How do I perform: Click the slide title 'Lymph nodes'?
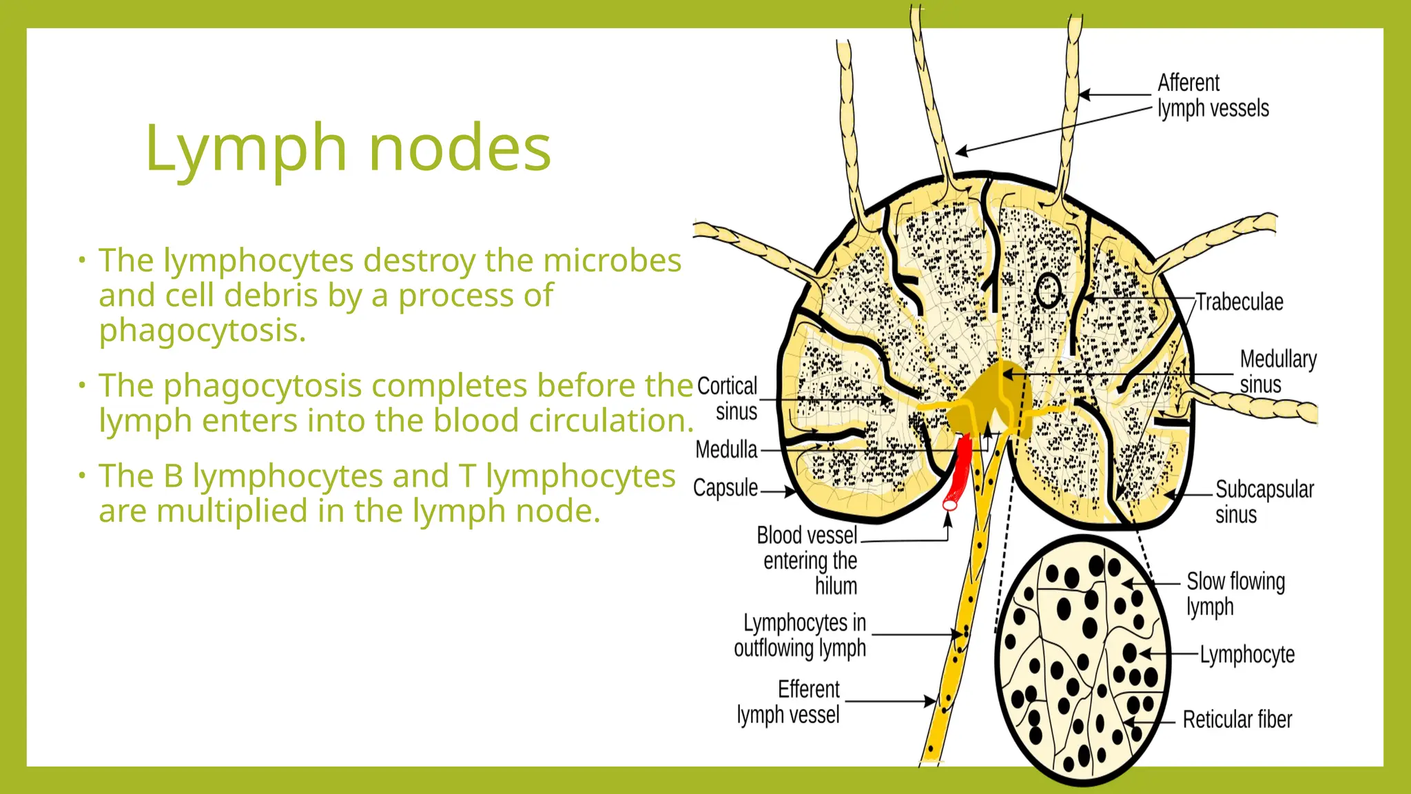click(348, 147)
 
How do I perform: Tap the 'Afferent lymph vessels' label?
click(1213, 96)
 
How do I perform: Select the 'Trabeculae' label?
click(1239, 302)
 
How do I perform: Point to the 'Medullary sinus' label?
click(1277, 371)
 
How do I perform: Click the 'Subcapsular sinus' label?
click(1264, 502)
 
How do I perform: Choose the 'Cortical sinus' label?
click(728, 398)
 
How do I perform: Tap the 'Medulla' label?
click(726, 449)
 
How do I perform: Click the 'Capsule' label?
click(725, 488)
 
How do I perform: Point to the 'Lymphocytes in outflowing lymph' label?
click(801, 635)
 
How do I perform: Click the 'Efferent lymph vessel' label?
click(790, 702)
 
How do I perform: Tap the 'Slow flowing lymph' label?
click(1235, 593)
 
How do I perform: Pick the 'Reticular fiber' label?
click(1237, 720)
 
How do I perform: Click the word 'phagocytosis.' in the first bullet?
click(202, 330)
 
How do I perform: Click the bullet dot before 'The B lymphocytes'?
click(81, 475)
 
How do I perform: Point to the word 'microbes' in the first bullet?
click(612, 260)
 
